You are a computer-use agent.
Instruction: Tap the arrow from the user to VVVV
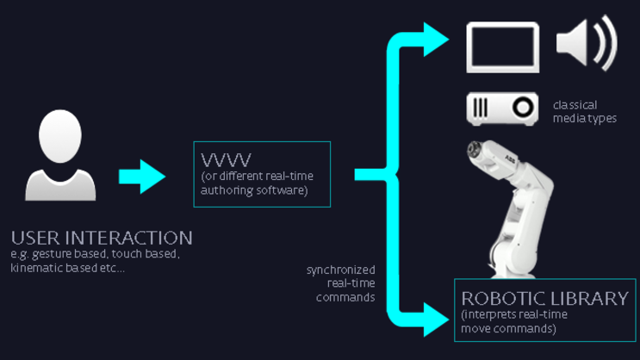[141, 176]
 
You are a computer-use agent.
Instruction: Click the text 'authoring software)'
[254, 190]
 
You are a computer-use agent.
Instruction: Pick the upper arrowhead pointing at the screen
[434, 37]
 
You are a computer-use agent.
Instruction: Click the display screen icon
[503, 47]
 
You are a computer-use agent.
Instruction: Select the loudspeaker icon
[586, 43]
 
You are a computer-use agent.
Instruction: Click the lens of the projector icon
[523, 108]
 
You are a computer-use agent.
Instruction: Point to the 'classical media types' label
[584, 111]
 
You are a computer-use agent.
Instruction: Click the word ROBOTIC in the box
[501, 299]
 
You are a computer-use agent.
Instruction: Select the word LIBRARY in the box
[587, 299]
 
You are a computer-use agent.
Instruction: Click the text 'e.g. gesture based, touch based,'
[95, 254]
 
